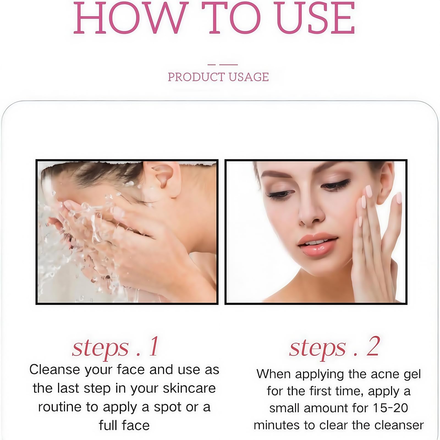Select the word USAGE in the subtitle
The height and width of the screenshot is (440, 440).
coord(249,77)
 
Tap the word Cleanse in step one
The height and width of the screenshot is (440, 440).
coord(55,369)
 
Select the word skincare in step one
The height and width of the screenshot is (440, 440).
coord(189,388)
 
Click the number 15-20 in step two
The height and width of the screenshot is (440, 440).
coord(391,408)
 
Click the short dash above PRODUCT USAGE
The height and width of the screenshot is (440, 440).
coord(211,65)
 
